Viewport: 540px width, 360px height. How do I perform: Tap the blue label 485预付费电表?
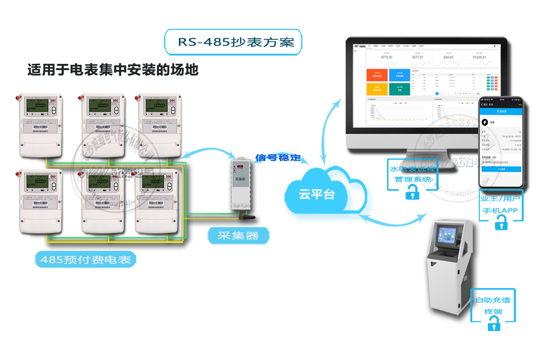click(85, 260)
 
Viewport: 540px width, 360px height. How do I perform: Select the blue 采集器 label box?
click(238, 235)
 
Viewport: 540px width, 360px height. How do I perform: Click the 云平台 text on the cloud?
click(317, 195)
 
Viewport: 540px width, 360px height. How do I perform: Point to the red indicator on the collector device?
click(239, 167)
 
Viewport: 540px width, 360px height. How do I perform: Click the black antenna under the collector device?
click(247, 217)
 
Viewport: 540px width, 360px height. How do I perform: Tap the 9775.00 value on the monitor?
click(387, 58)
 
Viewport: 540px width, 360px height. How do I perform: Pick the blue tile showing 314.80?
click(399, 76)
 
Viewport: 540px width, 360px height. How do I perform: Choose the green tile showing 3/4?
click(399, 89)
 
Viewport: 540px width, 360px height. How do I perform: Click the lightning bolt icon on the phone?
click(485, 121)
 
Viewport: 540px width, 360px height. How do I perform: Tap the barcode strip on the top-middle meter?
click(100, 129)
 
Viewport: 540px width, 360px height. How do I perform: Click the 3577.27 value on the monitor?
click(417, 58)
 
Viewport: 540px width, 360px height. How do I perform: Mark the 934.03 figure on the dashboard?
click(448, 58)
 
